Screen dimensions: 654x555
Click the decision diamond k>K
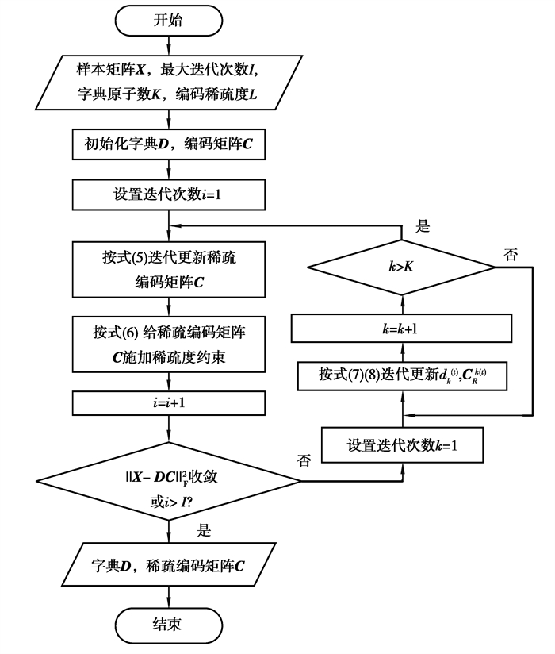tap(401, 267)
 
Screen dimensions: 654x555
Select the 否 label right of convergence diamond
tap(304, 460)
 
